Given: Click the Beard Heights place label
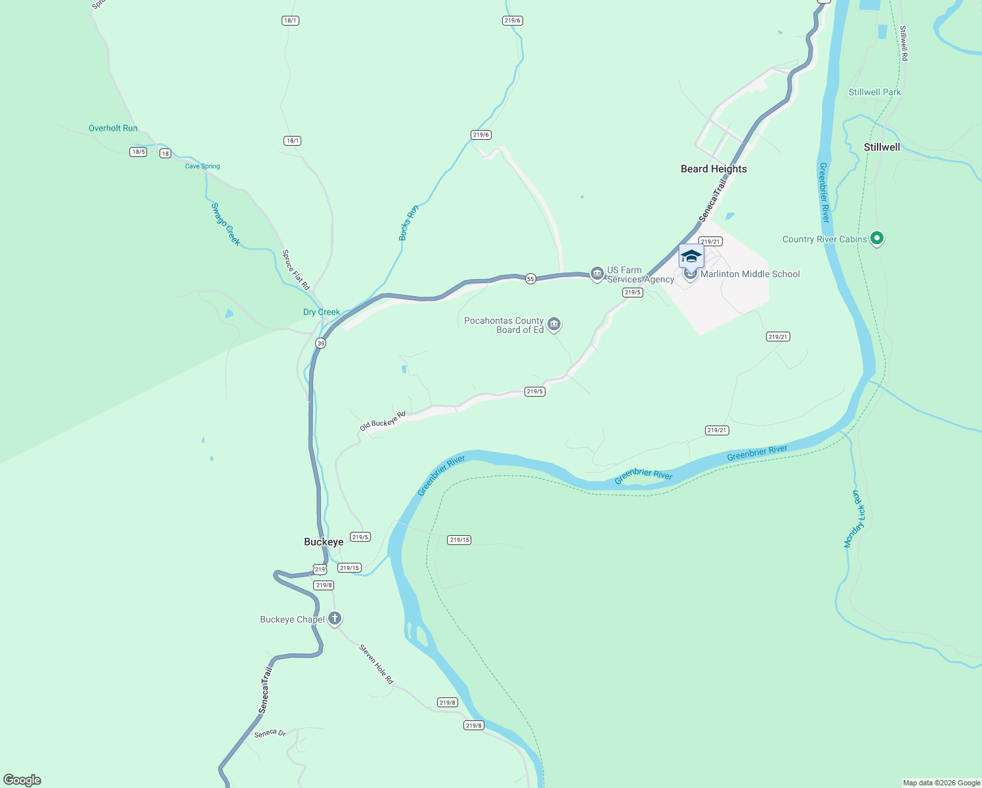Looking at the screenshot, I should coord(714,169).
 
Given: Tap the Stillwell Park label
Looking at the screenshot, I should coord(874,92).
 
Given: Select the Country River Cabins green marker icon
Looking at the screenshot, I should coord(877,238).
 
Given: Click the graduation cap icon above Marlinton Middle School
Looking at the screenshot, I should coord(691,255).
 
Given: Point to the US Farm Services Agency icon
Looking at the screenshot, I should coord(597,273).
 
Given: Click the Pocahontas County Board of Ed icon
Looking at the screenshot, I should coord(554,324).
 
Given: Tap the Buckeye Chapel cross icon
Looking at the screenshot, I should coord(335,618).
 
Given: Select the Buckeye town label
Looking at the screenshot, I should coord(324,542).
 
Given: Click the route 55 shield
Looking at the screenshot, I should coord(530,279).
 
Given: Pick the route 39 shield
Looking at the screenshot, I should coord(320,343).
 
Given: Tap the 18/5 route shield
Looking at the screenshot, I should coord(138,152).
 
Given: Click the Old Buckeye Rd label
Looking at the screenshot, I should coord(383,421).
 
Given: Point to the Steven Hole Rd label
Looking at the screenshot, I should coord(376,664).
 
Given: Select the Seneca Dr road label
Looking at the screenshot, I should coord(270,733).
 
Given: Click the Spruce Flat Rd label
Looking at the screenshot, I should coord(295,269).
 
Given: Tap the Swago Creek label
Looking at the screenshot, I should coord(225,224).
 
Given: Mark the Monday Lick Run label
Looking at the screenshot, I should coord(855,519).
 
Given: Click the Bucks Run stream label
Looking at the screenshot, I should coord(408,223).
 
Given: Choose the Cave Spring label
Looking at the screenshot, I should coord(202,166).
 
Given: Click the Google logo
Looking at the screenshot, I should coord(22,779).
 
